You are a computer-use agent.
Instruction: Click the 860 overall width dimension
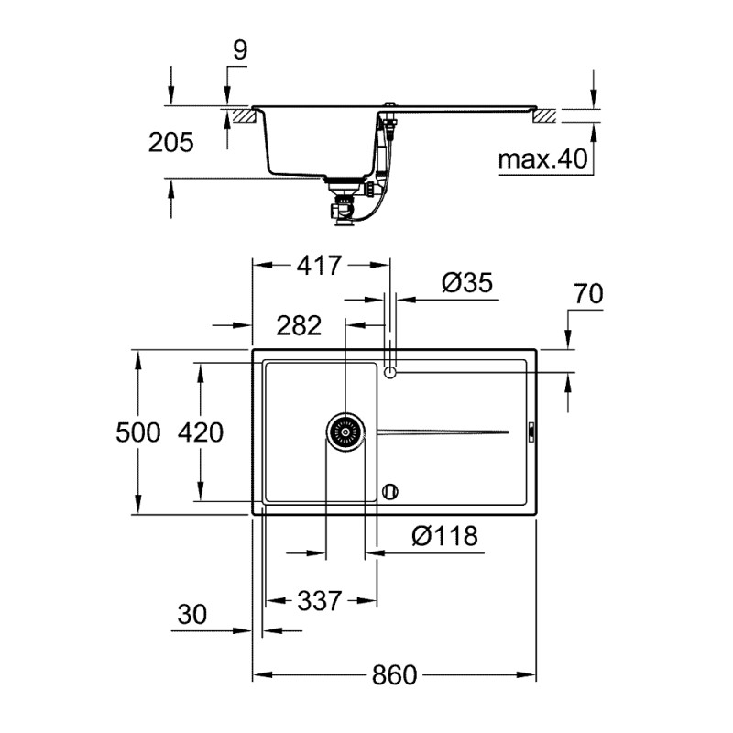point(394,675)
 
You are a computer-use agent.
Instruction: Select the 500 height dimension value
point(138,432)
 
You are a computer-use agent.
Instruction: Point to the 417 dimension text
point(319,266)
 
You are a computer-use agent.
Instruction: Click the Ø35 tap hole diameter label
point(466,283)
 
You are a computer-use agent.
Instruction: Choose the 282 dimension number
point(299,325)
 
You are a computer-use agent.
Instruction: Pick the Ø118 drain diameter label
point(444,536)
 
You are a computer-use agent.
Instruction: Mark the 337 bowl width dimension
point(319,601)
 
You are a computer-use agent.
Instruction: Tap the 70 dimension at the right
point(587,295)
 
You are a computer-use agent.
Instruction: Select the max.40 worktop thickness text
point(542,160)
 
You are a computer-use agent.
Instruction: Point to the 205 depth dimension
point(171,142)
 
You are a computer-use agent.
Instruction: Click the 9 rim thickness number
point(238,50)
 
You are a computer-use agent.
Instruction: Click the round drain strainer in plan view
point(345,431)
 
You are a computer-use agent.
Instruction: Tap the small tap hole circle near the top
point(390,373)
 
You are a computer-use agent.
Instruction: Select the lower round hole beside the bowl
point(390,491)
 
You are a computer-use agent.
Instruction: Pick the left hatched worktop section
point(240,116)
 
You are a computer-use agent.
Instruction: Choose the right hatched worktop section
point(544,116)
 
